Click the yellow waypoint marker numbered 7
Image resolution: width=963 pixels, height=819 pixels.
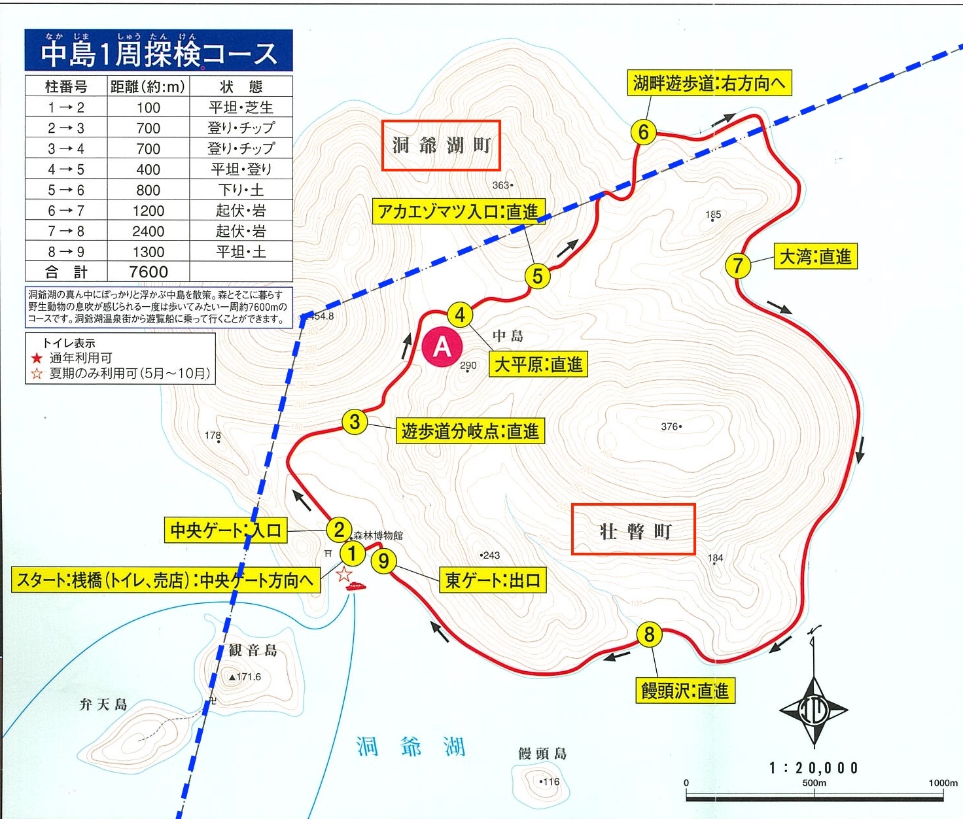(737, 266)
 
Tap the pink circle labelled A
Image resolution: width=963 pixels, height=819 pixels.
(442, 347)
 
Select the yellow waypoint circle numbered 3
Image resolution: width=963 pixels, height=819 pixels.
(355, 422)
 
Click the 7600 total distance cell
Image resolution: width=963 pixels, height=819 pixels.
(149, 271)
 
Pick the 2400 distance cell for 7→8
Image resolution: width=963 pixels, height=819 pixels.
(149, 231)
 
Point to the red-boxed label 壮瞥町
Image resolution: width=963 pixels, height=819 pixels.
(633, 530)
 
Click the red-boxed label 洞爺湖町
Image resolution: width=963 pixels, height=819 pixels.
(441, 145)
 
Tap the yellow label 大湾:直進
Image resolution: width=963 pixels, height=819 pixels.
(815, 256)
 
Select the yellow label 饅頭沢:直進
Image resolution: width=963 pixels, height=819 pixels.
(684, 690)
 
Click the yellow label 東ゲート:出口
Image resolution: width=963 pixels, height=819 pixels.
(493, 580)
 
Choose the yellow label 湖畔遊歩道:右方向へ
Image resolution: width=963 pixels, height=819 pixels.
(709, 83)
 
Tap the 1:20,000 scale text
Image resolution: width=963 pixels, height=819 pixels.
(813, 767)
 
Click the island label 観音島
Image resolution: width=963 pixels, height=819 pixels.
(253, 650)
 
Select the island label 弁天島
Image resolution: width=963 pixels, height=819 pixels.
(103, 705)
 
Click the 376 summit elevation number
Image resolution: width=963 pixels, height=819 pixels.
(669, 427)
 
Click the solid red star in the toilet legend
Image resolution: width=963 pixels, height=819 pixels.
(37, 358)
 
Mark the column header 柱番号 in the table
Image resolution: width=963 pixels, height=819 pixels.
(65, 86)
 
